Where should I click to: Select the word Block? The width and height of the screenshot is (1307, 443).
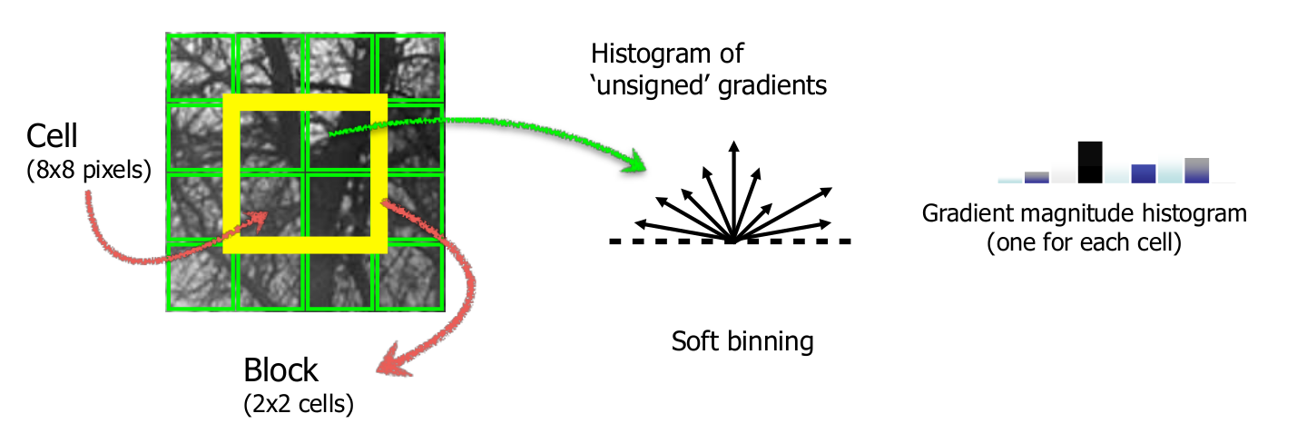click(281, 370)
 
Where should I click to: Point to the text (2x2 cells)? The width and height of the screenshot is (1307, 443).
click(299, 405)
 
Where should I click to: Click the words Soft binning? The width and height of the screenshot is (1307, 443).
click(742, 342)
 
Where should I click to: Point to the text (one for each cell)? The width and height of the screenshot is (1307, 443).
click(1084, 244)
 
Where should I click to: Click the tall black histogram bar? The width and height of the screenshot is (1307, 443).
click(1090, 162)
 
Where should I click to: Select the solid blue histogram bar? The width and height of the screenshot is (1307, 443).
click(1143, 173)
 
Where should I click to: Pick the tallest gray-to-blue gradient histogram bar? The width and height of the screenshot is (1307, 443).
click(1196, 170)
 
